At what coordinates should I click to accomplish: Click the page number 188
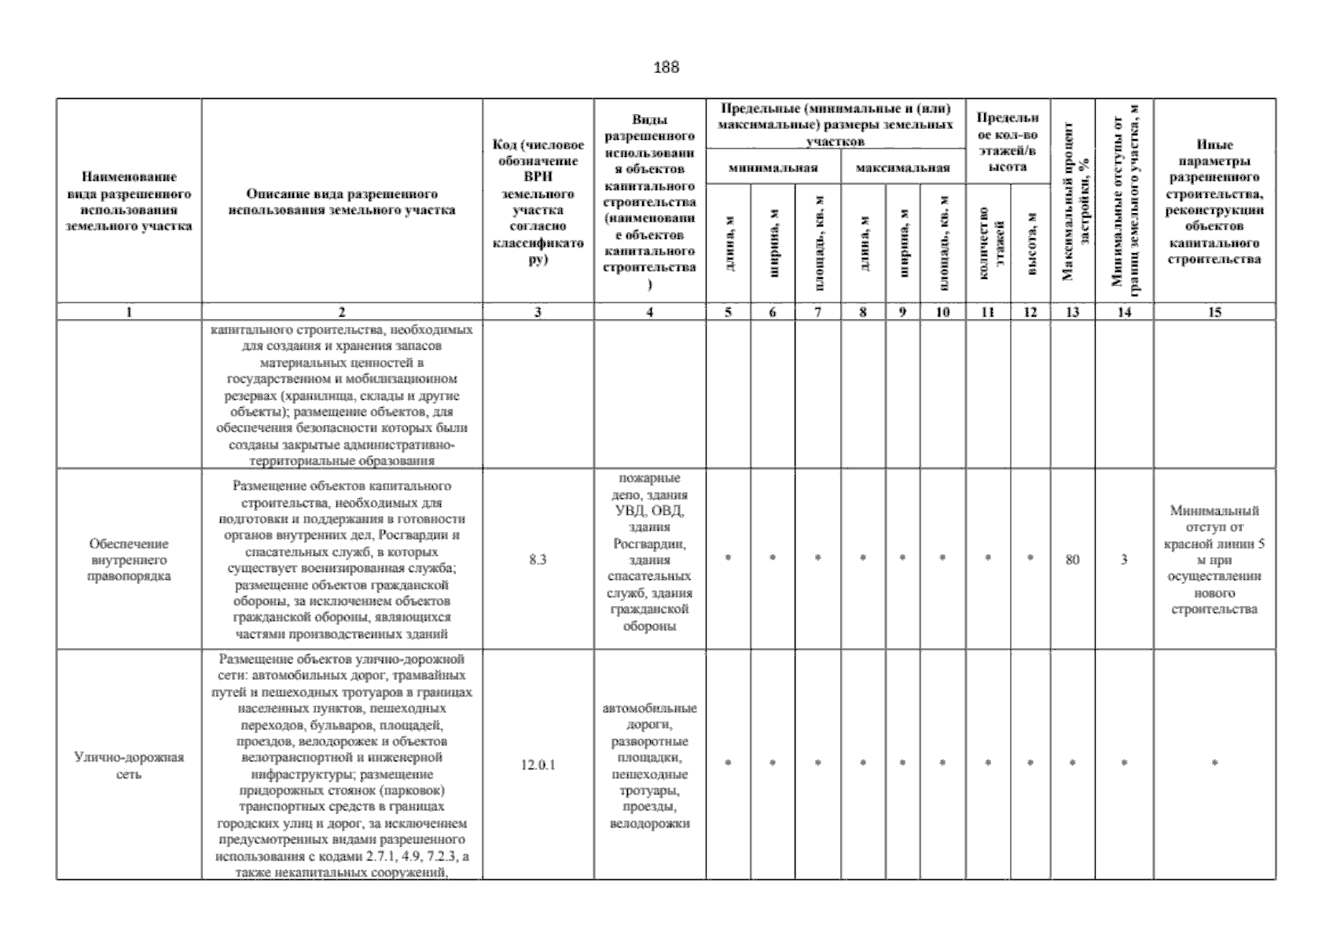point(666,68)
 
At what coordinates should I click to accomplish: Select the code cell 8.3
point(538,560)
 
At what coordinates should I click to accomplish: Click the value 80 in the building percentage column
point(1072,560)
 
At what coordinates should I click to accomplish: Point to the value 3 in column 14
point(1124,560)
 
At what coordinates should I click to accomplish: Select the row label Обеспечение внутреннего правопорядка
point(129,560)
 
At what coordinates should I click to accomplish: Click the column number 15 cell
point(1214,312)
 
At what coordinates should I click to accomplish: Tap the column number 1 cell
point(129,312)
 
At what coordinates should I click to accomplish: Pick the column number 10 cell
point(942,312)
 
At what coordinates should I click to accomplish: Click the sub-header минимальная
point(773,167)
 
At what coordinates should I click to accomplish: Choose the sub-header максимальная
point(903,167)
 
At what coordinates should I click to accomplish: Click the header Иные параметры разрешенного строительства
point(1214,202)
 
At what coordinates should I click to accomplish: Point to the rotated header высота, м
point(1030,244)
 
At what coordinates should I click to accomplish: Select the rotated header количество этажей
point(988,244)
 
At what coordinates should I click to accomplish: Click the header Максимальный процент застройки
point(1072,200)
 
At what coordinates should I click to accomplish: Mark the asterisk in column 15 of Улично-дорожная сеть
point(1214,763)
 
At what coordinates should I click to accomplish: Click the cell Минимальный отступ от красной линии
point(1214,560)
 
